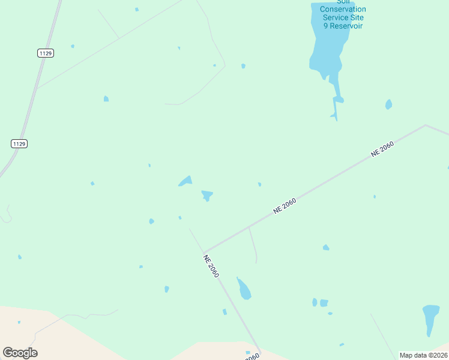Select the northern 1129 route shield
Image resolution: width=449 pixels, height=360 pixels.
pos(46,53)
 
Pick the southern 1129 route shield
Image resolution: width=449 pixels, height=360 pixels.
pos(19,144)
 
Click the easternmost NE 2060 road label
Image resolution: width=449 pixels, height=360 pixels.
pos(382,149)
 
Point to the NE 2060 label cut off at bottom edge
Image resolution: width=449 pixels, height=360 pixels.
pos(252,356)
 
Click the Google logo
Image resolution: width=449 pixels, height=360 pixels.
pos(20,353)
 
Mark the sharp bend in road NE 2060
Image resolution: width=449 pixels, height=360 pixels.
pos(204,253)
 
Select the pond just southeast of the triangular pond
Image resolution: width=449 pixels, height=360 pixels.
pos(207,195)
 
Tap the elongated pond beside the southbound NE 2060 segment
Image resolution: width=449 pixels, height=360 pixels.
pos(244,289)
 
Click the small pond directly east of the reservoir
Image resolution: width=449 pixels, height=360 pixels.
pos(389,104)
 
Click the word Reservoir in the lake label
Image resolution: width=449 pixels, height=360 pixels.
pos(346,26)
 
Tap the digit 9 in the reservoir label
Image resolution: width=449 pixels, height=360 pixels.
pos(326,26)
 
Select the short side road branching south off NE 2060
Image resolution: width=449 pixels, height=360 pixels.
pos(253,245)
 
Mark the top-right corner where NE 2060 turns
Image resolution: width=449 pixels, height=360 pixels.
pos(425,125)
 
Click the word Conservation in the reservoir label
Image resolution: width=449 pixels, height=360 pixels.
pos(343,10)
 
